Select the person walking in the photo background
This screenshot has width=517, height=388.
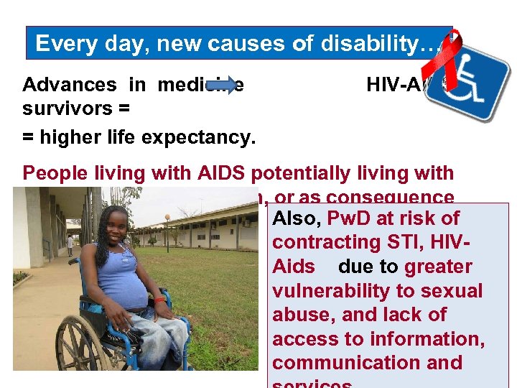pyautogui.click(x=70, y=245)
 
